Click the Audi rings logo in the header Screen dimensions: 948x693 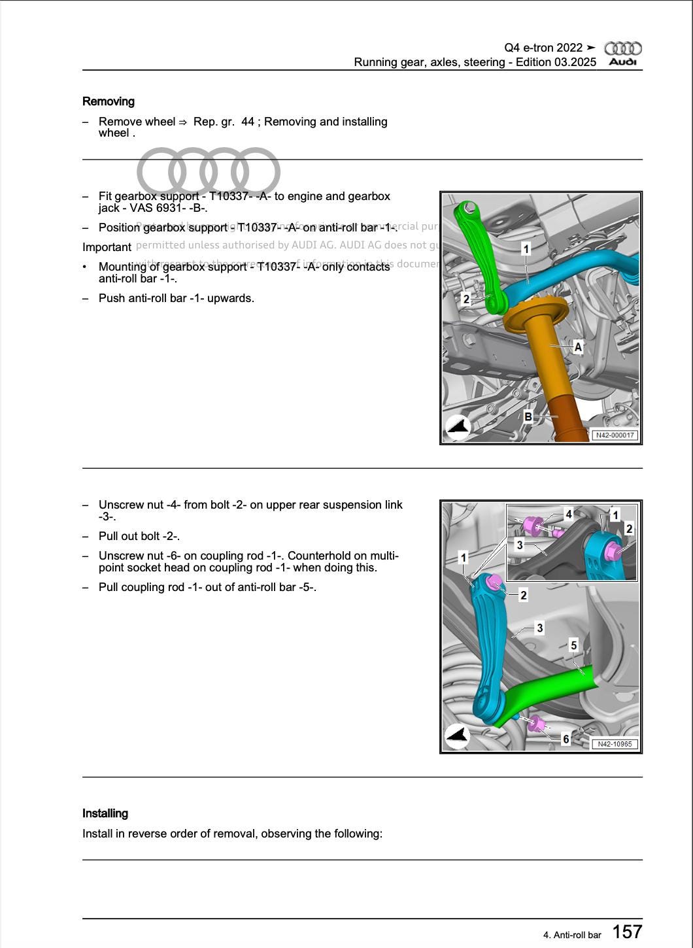(x=622, y=48)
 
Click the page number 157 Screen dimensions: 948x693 (x=627, y=932)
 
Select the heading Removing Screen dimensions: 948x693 (x=109, y=101)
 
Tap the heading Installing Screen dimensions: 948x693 (x=105, y=813)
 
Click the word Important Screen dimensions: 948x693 (x=107, y=247)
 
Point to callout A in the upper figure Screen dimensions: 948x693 (x=578, y=347)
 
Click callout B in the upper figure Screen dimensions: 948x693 (x=528, y=416)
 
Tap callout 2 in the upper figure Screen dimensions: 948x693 (x=465, y=299)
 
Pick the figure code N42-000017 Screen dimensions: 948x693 (x=615, y=435)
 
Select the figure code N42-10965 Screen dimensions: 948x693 (x=615, y=744)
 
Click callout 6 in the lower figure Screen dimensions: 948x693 (x=566, y=739)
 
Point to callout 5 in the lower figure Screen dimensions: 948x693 (x=573, y=645)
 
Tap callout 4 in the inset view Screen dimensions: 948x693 (x=569, y=515)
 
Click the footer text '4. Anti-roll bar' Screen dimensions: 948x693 (x=571, y=935)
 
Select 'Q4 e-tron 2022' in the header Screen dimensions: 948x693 (x=543, y=48)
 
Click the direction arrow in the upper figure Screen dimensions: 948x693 (x=458, y=426)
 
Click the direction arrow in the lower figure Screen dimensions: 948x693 (x=457, y=736)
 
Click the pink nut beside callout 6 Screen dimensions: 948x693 (x=537, y=724)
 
